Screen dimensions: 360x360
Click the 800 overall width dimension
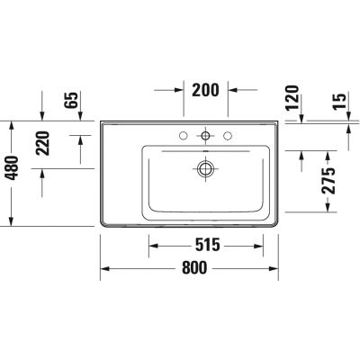point(194,267)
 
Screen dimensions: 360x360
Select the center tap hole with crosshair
point(207,137)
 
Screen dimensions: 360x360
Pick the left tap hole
point(184,137)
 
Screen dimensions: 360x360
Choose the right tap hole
point(229,137)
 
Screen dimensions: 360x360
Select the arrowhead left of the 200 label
point(179,90)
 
